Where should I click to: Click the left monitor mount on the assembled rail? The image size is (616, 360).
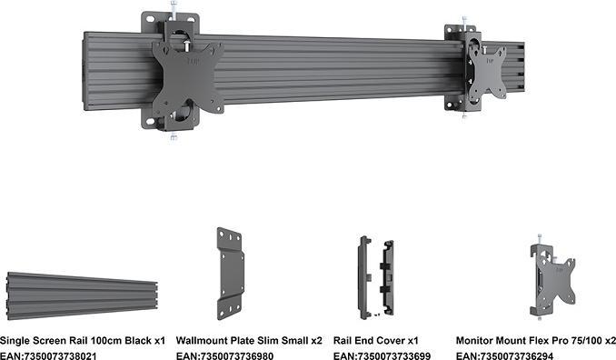pos(187,74)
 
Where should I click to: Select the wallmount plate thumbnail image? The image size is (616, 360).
pos(232,273)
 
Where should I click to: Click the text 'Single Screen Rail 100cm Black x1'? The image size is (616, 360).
pos(83,339)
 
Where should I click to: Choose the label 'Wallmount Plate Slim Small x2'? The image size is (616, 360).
pos(248,339)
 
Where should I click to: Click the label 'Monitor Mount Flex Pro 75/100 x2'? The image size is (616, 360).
pos(535,339)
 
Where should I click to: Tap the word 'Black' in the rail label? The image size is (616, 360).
pos(138,339)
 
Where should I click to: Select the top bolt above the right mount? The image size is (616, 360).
pos(463,20)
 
